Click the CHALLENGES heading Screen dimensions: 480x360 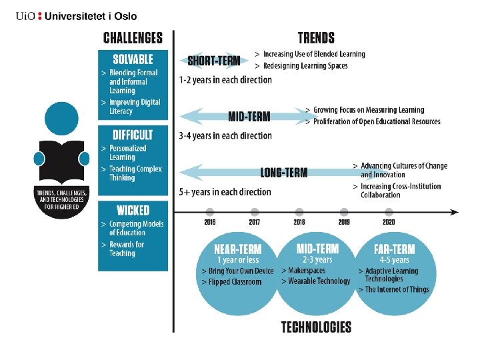click(x=133, y=38)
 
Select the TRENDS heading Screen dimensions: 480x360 click(x=316, y=38)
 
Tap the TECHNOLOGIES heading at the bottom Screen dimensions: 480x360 click(x=316, y=327)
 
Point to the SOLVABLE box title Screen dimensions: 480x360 click(x=133, y=59)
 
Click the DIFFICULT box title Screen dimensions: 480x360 click(x=133, y=135)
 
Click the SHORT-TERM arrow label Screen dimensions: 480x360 click(x=213, y=61)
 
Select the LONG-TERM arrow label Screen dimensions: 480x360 click(x=284, y=173)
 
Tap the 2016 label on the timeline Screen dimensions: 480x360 click(x=210, y=223)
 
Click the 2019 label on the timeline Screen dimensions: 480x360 click(x=344, y=223)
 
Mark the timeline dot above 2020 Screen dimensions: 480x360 click(x=389, y=212)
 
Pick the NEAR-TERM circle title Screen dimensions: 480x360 click(x=238, y=249)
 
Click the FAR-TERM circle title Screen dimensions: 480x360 click(x=395, y=249)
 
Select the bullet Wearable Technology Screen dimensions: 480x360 click(x=319, y=281)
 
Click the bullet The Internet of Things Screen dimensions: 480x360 click(x=397, y=290)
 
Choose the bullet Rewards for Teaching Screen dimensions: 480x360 click(x=126, y=249)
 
